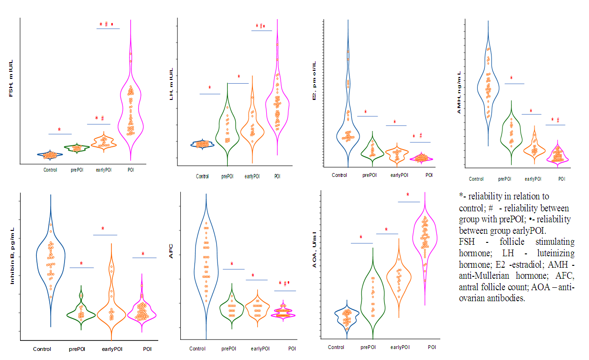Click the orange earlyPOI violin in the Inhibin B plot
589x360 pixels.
111,292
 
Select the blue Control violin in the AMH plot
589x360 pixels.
488,86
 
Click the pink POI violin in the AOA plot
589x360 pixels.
425,244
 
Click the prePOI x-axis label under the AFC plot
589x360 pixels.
228,349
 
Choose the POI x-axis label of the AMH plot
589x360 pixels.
561,179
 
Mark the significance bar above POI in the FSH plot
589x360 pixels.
108,29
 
